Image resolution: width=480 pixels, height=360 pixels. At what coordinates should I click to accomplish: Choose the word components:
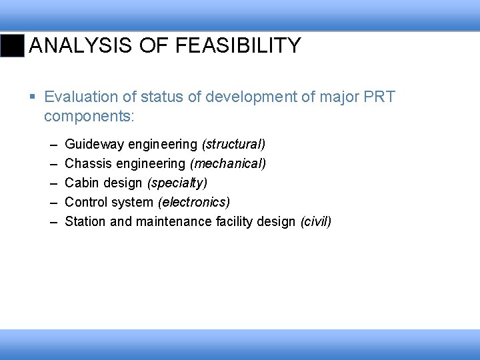(x=89, y=117)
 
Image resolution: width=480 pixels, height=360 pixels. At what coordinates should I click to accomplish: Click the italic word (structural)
(x=233, y=144)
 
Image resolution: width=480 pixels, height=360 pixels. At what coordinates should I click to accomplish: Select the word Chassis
(x=88, y=163)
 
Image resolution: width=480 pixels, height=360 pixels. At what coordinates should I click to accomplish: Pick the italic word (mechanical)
(x=228, y=163)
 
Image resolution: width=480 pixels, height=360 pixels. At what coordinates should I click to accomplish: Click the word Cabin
(x=81, y=183)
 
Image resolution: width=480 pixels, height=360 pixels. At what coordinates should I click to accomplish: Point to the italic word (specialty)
(x=177, y=183)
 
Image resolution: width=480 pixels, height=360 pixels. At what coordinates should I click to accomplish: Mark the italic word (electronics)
(x=194, y=202)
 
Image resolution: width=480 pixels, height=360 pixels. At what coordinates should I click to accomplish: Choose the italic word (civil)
(x=316, y=221)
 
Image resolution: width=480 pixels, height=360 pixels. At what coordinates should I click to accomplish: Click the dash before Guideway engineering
(x=52, y=144)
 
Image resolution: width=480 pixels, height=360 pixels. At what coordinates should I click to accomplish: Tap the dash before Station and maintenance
(x=52, y=221)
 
